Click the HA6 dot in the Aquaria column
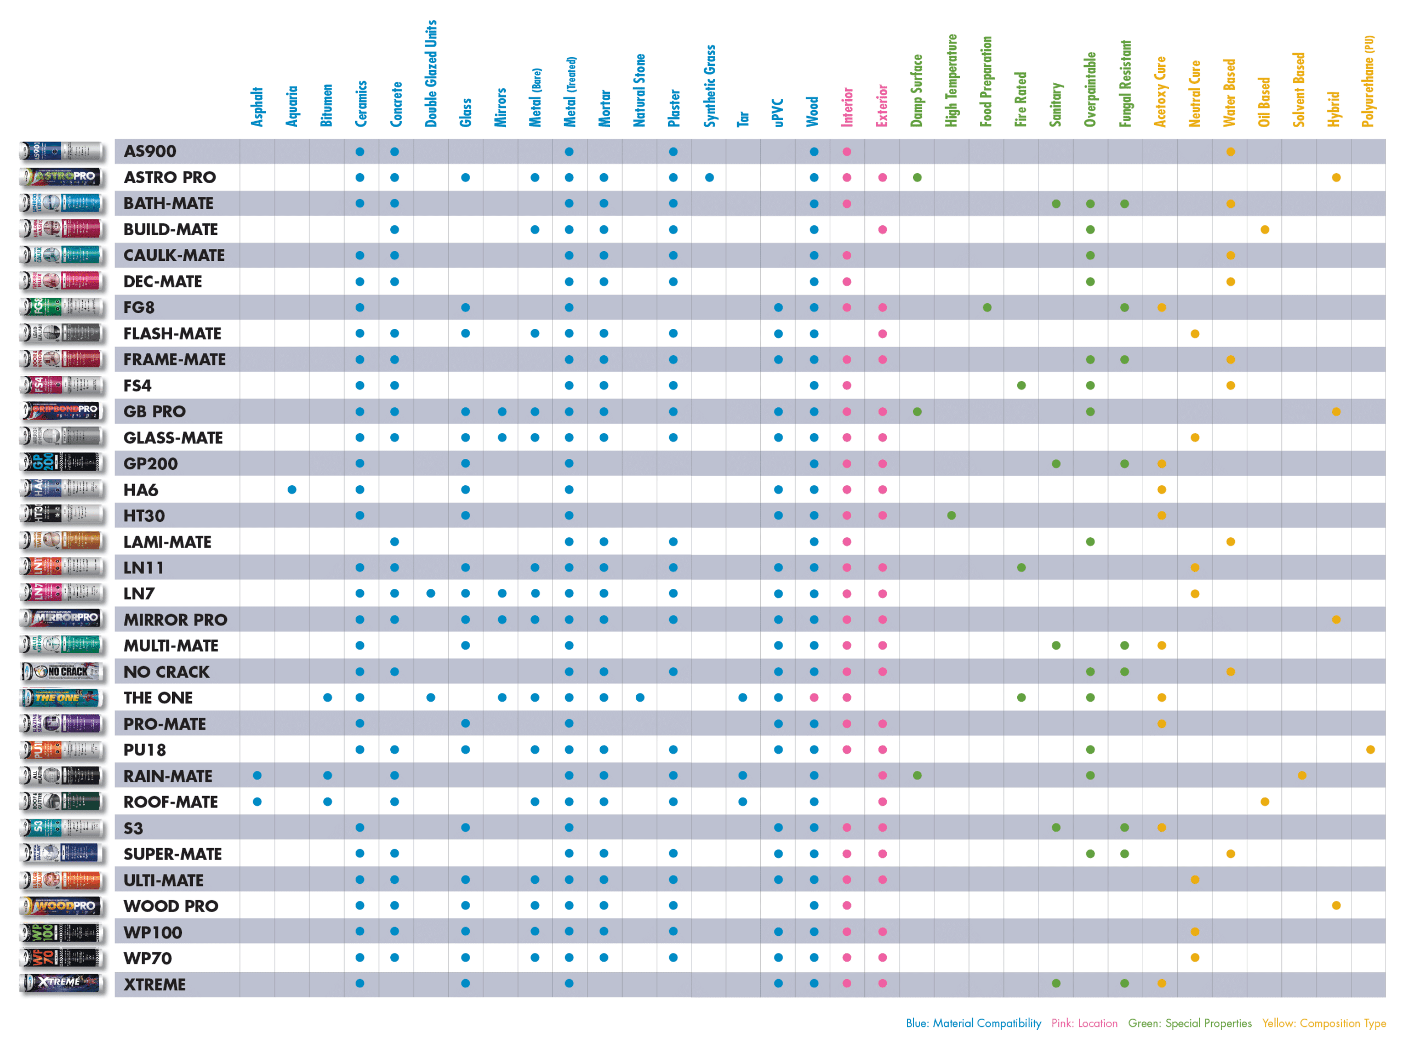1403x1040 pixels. [292, 490]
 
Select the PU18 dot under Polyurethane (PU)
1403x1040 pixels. [1370, 750]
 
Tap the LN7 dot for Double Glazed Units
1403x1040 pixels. [431, 594]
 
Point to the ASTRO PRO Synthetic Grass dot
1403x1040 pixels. [710, 178]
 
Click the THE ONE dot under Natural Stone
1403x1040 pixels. [640, 697]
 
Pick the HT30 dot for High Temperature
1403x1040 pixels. [952, 515]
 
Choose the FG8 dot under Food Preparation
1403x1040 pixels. [987, 308]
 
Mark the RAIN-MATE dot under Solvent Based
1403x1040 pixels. [1302, 776]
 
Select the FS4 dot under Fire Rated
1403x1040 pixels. [1022, 385]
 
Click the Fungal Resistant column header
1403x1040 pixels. [1126, 84]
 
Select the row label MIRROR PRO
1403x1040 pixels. [175, 620]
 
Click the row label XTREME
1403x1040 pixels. [155, 985]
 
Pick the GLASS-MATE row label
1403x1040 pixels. [173, 438]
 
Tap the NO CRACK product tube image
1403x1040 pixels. [62, 672]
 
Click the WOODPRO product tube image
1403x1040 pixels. [62, 906]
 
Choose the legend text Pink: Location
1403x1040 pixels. [1084, 1024]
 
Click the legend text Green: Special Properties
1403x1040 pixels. [1189, 1024]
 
